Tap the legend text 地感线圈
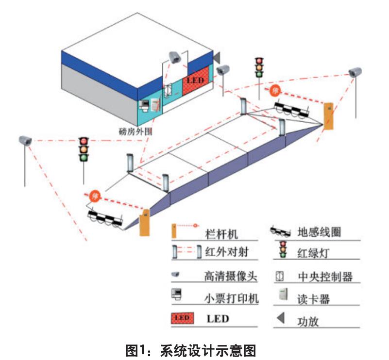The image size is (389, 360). click(319, 232)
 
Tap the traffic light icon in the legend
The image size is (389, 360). click(282, 249)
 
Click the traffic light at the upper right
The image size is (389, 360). click(259, 67)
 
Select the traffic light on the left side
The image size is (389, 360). click(85, 148)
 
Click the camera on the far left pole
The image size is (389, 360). click(25, 140)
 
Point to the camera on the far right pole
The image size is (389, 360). click(355, 73)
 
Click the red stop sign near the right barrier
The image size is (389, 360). click(275, 90)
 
